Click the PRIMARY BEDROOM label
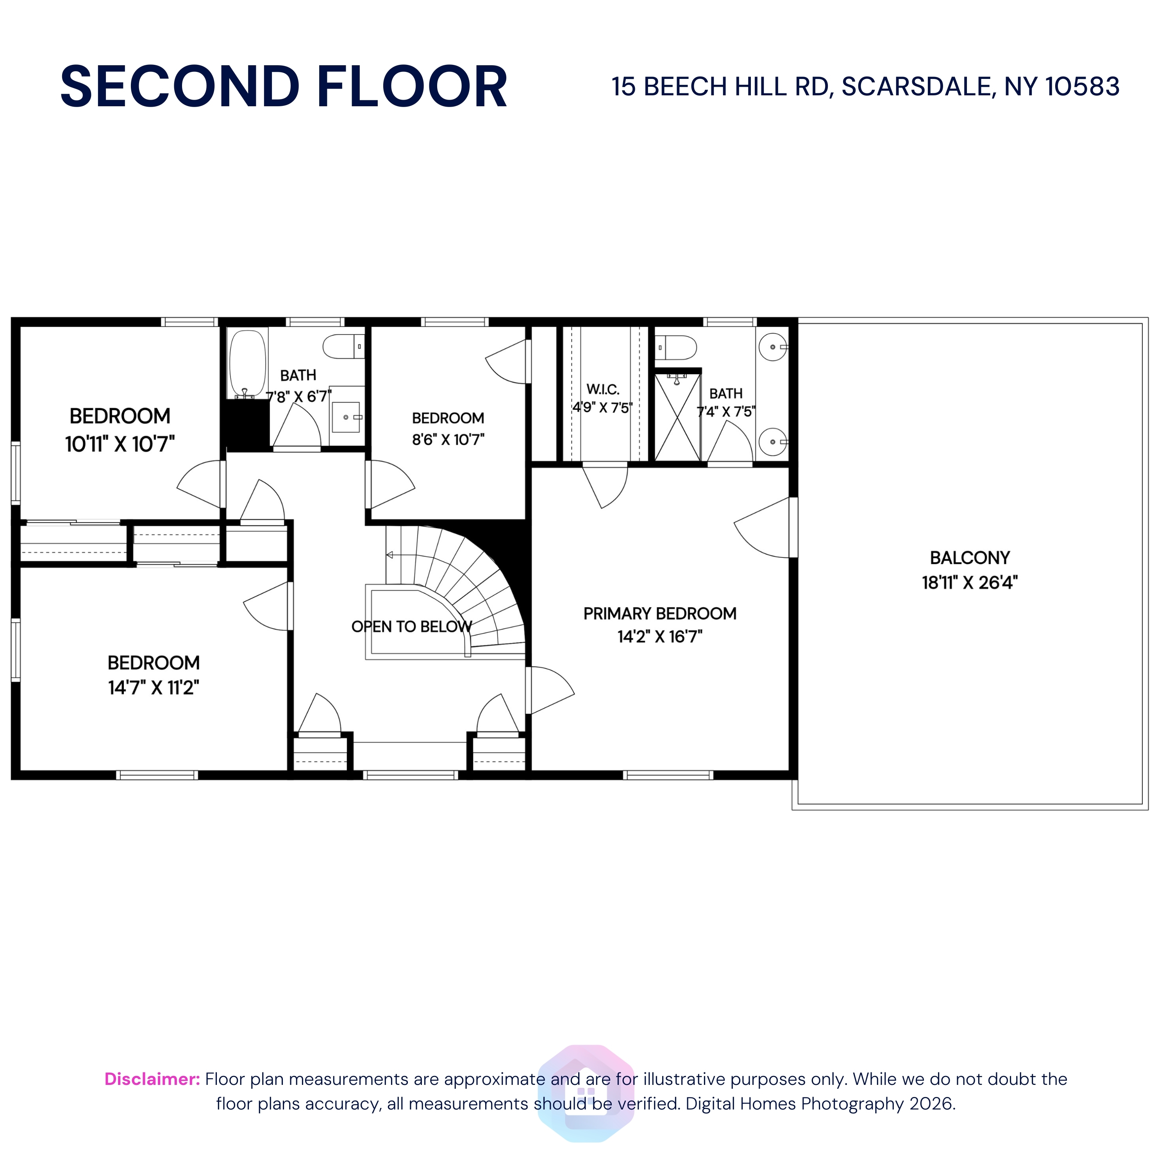coord(660,613)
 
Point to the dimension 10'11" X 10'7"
coord(120,444)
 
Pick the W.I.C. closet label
coord(603,389)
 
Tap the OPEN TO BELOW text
coord(412,627)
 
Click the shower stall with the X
coord(677,417)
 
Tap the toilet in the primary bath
coord(676,348)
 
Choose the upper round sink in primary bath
coord(774,347)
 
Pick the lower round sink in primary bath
coord(774,441)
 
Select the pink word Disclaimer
coord(152,1079)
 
